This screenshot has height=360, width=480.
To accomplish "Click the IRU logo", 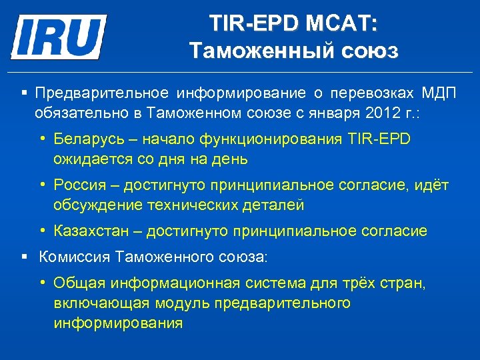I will click(x=59, y=37).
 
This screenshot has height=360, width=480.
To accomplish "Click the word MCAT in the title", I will click(x=341, y=25).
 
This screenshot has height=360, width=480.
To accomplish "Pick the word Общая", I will click(x=73, y=283).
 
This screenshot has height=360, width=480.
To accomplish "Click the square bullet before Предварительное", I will click(x=25, y=91).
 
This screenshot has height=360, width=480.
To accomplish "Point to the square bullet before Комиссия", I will click(x=25, y=255).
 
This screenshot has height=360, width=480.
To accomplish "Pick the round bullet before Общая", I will click(x=43, y=283).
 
